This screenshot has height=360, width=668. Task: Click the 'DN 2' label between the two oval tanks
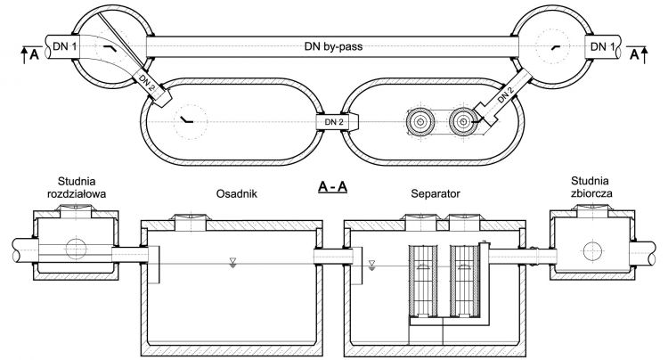pos(334,121)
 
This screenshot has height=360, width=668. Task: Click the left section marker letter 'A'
pos(34,55)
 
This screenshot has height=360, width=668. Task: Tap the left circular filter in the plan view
pos(420,121)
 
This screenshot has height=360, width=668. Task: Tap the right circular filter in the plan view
pos(463,121)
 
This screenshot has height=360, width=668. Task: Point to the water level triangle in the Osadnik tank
pos(232,262)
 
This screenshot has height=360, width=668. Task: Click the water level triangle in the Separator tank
pos(372,264)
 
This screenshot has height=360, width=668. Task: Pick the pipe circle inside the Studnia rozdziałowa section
pos(76,249)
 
